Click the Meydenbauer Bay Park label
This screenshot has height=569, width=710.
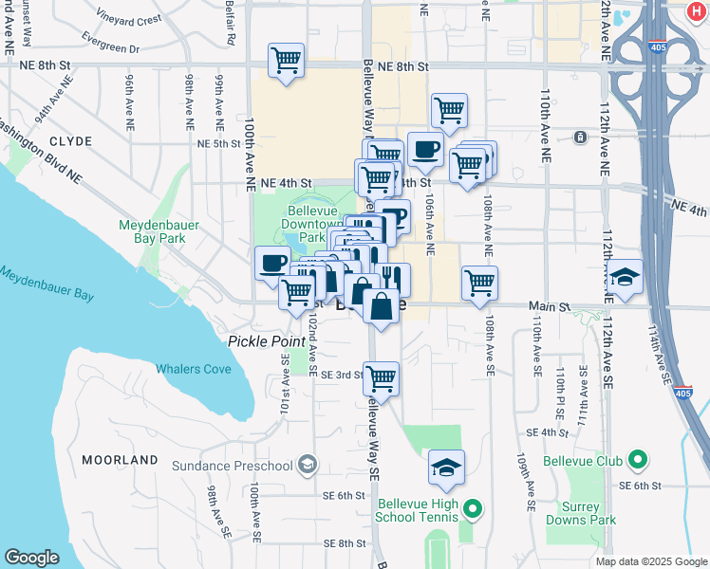click(x=152, y=232)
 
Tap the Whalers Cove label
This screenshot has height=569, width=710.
click(x=194, y=369)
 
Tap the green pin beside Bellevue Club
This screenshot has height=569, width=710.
click(x=638, y=462)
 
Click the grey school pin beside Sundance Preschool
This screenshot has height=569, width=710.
click(x=307, y=465)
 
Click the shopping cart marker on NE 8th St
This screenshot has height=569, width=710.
click(x=286, y=61)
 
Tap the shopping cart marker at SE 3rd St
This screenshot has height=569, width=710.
click(x=381, y=378)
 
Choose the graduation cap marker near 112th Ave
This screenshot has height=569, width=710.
click(x=625, y=277)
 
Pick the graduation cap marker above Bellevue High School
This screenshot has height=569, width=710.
click(x=446, y=467)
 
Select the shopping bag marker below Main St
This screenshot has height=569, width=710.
click(x=381, y=306)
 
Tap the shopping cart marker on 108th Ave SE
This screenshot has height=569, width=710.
click(x=480, y=282)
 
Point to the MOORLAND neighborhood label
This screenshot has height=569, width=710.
click(x=120, y=460)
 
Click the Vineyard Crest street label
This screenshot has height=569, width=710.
click(x=129, y=19)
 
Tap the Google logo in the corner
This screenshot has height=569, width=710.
click(x=32, y=558)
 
